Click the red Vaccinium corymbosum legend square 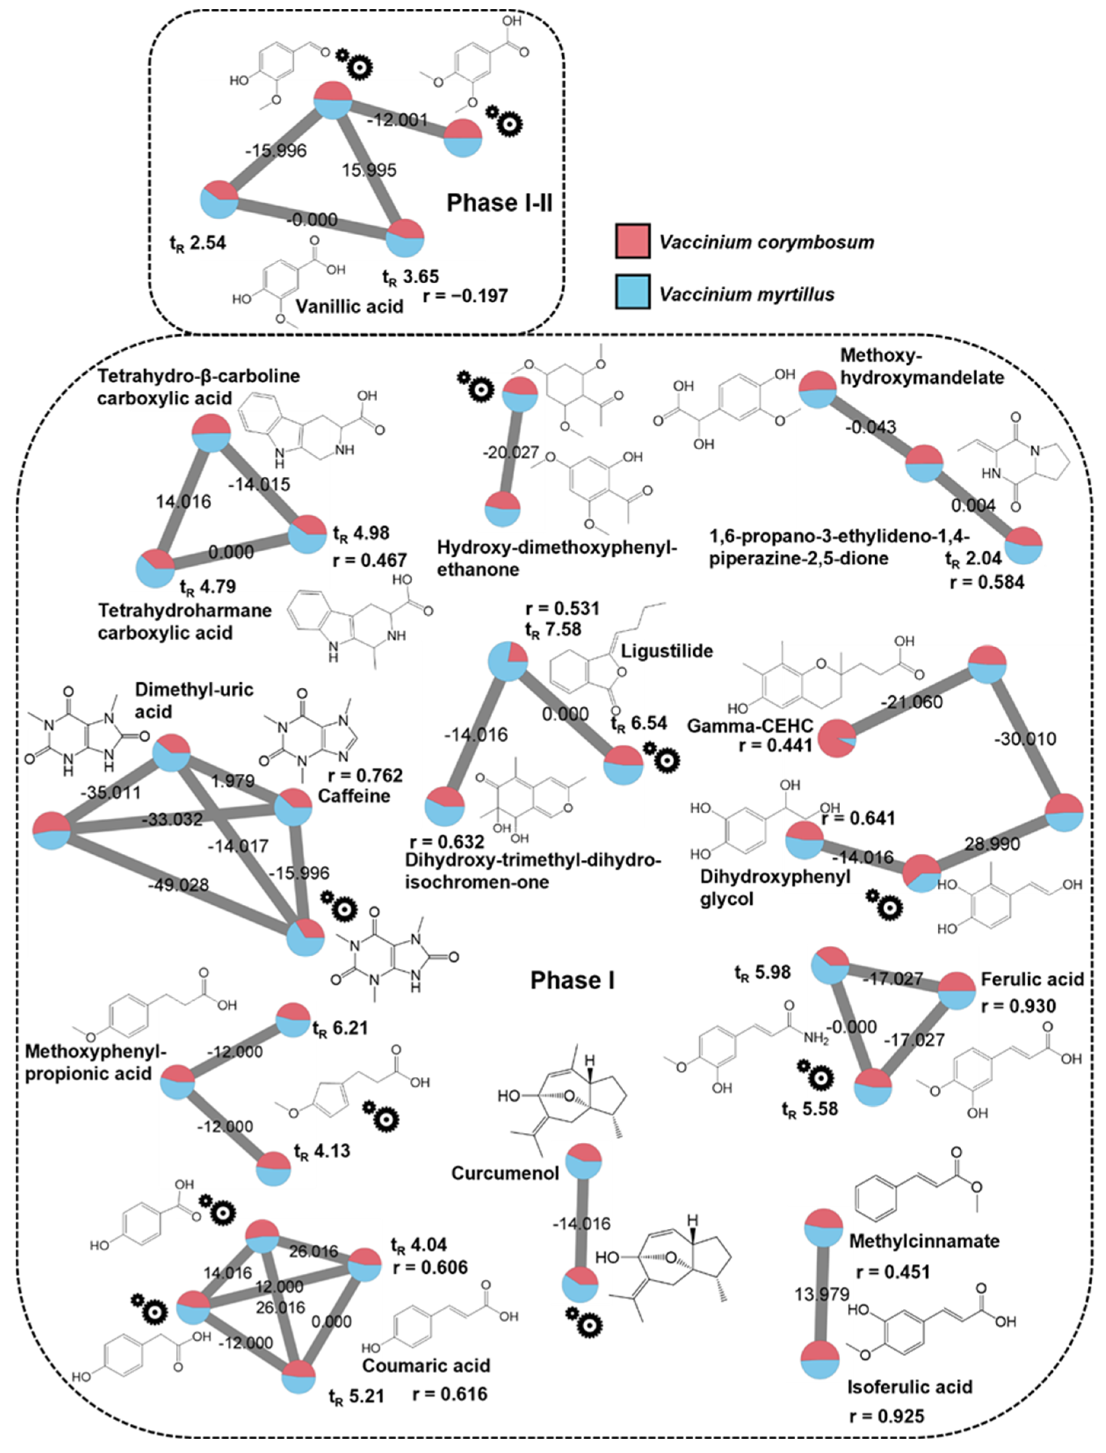(633, 240)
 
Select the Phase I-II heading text (499, 203)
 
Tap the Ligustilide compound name (667, 651)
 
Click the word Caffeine (354, 795)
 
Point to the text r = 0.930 (1018, 1006)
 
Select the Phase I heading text (572, 980)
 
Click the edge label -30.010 (1025, 739)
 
